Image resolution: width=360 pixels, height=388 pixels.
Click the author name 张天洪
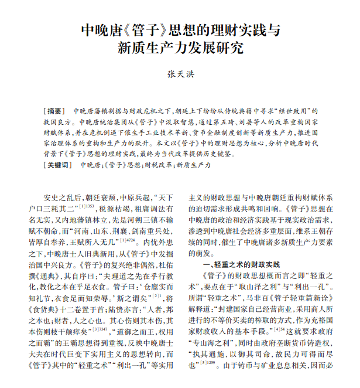[180, 74]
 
